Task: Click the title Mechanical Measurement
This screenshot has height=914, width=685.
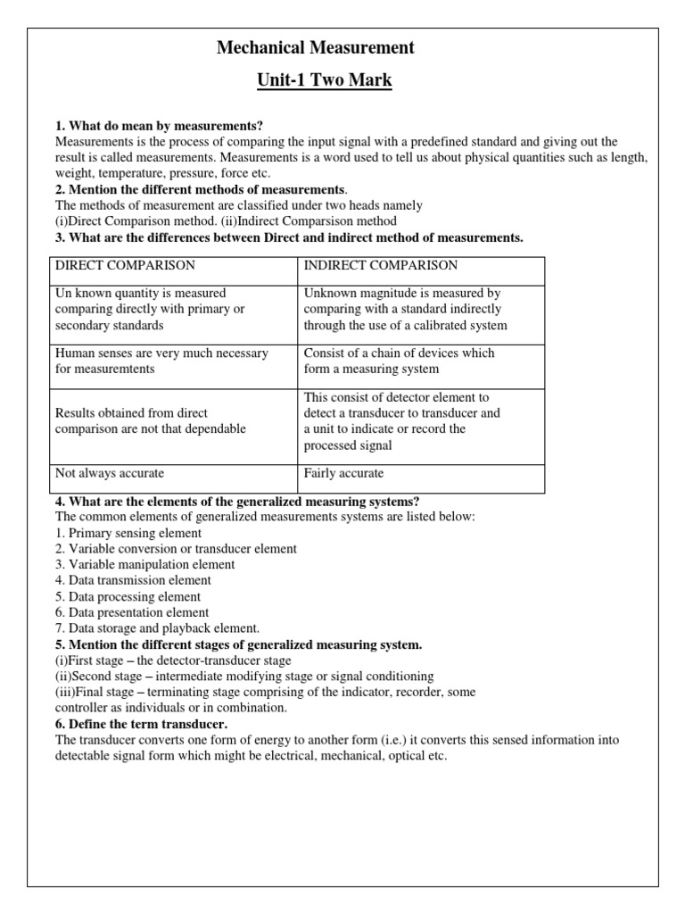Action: click(316, 47)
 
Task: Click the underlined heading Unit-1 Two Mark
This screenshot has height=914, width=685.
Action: click(325, 80)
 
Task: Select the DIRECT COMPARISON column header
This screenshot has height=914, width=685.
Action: click(125, 265)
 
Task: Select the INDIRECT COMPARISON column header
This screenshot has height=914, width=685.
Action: click(381, 265)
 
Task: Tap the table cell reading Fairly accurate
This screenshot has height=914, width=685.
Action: click(343, 473)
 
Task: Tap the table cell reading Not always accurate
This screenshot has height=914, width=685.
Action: click(110, 473)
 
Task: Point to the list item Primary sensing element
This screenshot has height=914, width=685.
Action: click(128, 533)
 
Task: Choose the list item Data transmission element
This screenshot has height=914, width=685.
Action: click(133, 580)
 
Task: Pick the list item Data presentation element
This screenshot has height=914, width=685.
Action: click(132, 612)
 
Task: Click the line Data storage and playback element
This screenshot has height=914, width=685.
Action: click(157, 628)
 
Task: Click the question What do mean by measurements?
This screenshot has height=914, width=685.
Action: click(159, 125)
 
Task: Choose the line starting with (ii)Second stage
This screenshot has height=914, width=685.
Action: click(244, 676)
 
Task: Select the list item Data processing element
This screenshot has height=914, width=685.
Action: click(128, 596)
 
